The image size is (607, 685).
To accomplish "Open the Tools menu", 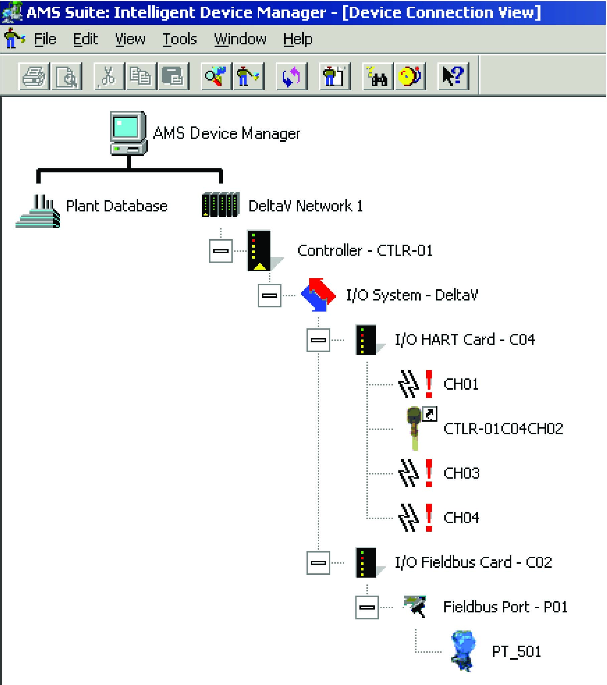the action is (x=179, y=39).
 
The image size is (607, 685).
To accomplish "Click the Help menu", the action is (x=298, y=39).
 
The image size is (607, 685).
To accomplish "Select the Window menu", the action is (x=240, y=39).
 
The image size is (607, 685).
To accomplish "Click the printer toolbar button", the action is (x=34, y=77).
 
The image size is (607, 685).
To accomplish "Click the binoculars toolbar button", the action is (x=377, y=77).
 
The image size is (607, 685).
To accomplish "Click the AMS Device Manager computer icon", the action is (x=129, y=133).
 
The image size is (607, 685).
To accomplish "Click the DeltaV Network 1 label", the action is (x=305, y=206).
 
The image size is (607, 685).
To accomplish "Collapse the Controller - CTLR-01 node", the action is (x=221, y=251).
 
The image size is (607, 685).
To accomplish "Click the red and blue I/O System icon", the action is (x=318, y=295).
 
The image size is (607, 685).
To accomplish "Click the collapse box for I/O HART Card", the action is (x=318, y=340).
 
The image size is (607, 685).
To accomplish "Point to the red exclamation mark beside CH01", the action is (x=429, y=384).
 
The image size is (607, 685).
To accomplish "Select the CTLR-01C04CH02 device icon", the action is (x=415, y=428).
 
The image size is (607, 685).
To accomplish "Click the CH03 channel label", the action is (x=462, y=473).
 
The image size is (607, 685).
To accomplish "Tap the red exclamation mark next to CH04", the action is (x=429, y=518).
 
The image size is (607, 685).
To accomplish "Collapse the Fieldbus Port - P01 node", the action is (x=367, y=607).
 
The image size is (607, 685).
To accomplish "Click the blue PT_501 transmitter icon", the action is (x=463, y=651).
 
